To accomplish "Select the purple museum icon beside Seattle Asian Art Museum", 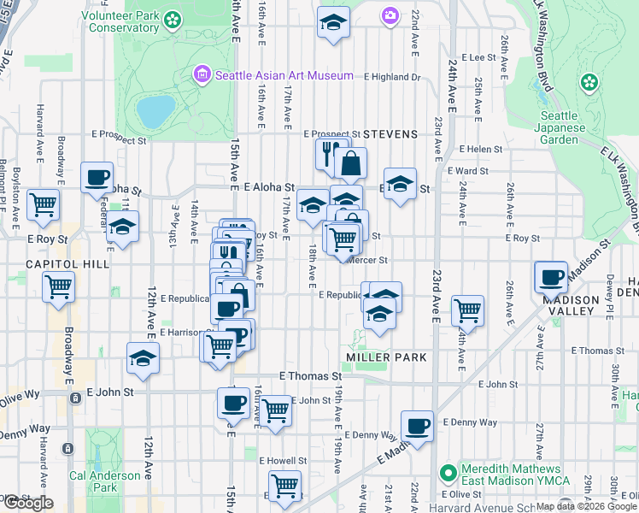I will click(202, 75).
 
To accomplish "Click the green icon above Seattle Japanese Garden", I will click(588, 83).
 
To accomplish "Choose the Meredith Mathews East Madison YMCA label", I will click(516, 475).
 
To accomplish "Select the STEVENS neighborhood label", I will click(390, 134).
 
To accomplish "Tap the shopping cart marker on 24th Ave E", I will click(467, 310).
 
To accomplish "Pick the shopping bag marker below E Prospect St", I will click(350, 162).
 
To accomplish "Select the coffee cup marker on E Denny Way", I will click(417, 426).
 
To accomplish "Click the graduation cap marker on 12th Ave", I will click(144, 357).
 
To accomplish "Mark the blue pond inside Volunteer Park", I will click(155, 110).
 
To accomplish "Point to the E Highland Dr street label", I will click(392, 77).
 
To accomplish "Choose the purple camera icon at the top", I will click(390, 15).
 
